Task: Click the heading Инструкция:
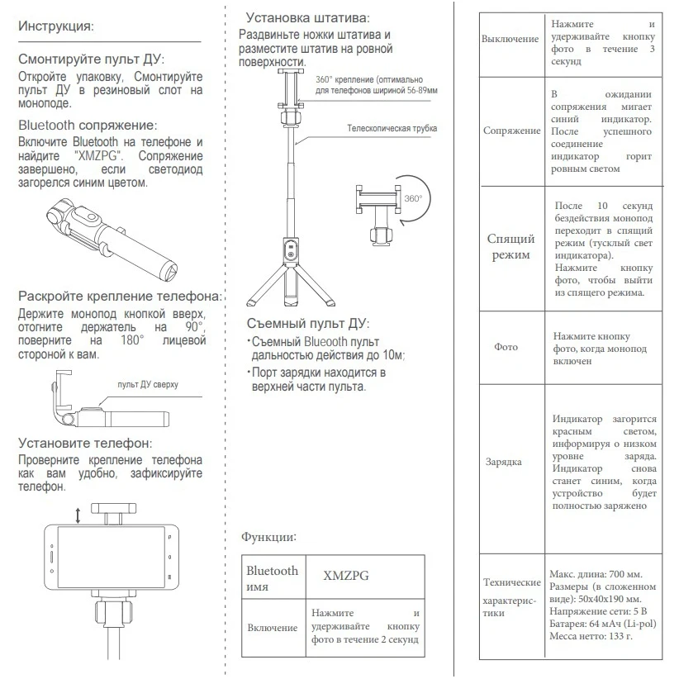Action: tap(56, 26)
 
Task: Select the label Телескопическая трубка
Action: tap(392, 129)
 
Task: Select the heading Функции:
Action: tap(269, 537)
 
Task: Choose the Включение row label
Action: tap(273, 628)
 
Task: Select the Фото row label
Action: tap(506, 347)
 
